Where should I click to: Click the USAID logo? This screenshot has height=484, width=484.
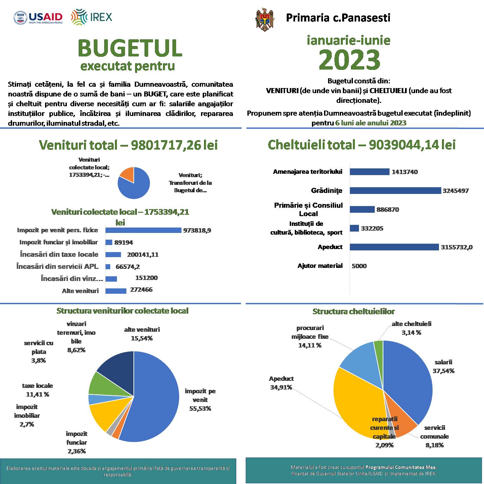(x=38, y=18)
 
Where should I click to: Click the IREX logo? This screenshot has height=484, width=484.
(x=91, y=17)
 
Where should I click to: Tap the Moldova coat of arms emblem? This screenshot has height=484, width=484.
(x=265, y=19)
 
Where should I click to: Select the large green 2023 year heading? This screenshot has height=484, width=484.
(x=349, y=59)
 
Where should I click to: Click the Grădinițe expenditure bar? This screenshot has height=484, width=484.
(x=395, y=191)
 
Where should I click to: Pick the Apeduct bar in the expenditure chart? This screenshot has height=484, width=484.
(x=394, y=247)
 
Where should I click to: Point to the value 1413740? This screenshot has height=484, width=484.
(x=405, y=172)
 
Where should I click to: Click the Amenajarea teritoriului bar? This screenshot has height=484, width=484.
(x=369, y=172)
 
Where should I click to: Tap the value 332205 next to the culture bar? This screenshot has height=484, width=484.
(x=372, y=228)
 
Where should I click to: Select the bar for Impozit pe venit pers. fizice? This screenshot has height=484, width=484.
(x=143, y=230)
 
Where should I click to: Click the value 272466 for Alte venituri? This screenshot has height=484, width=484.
(x=141, y=289)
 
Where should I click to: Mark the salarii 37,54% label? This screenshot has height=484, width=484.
(x=444, y=366)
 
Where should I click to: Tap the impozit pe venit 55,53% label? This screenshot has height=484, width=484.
(x=200, y=400)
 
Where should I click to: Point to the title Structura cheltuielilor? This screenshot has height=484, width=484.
(x=354, y=311)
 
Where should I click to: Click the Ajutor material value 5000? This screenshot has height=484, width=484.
(x=359, y=266)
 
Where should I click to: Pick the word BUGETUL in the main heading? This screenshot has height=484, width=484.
(x=130, y=48)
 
